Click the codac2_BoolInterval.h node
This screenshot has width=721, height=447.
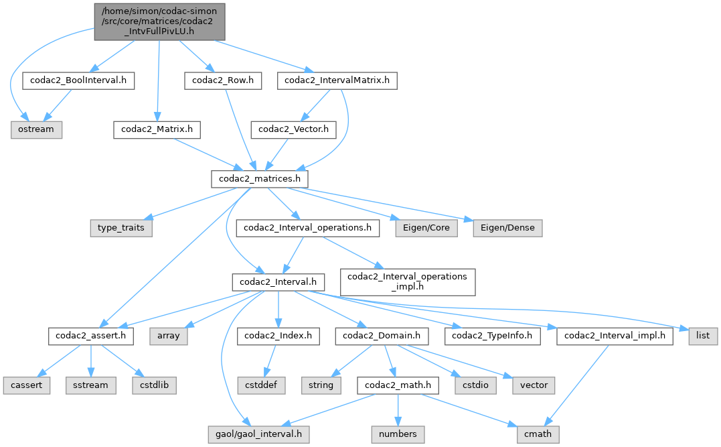pos(78,80)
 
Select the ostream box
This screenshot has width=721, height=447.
pos(36,129)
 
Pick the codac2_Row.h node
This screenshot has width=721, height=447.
pos(223,80)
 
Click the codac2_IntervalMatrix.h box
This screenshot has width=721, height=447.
pos(337,80)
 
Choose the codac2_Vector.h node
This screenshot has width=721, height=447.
pos(293,129)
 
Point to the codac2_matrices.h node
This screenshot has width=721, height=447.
pos(259,179)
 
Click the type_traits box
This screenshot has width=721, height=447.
pos(121,228)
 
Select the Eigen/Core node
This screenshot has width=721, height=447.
pos(426,228)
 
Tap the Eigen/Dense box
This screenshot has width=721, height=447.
pos(507,228)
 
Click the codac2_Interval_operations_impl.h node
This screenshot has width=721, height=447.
pos(408,282)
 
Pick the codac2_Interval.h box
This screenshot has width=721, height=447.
pos(278,282)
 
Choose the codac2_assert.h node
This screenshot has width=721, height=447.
pos(90,336)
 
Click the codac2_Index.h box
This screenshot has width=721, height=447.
pos(278,336)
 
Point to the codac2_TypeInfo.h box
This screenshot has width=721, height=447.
pos(496,336)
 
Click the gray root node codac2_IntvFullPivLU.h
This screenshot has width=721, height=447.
pos(159,21)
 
